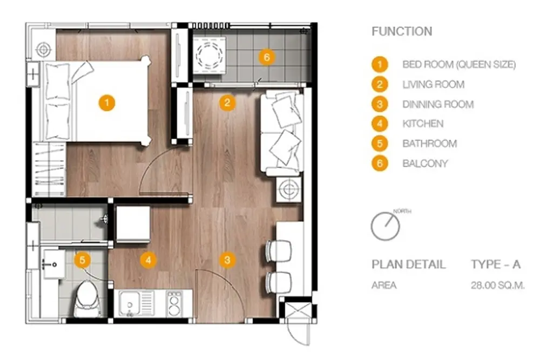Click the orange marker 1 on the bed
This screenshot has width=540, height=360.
tap(107, 103)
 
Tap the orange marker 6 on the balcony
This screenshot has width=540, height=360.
tap(267, 57)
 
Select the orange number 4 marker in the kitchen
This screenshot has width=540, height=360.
tap(148, 260)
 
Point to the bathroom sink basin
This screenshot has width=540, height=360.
tap(53, 264)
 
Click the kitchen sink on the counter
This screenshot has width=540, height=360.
tap(136, 304)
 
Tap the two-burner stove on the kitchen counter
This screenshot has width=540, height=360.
tap(174, 304)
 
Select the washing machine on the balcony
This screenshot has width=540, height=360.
tap(209, 56)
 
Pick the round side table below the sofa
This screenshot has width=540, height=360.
tap(288, 189)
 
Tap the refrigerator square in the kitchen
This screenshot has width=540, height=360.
tap(133, 225)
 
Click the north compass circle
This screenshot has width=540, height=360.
tap(386, 226)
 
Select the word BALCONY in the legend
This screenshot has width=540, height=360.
tap(426, 164)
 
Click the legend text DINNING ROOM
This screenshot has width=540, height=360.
tap(438, 104)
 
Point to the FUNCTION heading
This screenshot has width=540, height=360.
tap(402, 32)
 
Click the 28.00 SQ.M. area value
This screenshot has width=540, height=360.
tap(498, 286)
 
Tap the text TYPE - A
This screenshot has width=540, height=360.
tap(496, 264)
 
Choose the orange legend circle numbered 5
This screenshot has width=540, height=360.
tap(380, 144)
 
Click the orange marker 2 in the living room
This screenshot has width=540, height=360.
tap(227, 103)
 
